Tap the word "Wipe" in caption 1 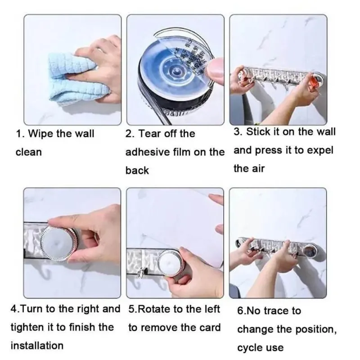click(40, 134)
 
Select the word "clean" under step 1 click(29, 152)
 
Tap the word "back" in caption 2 click(137, 171)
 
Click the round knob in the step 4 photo click(59, 243)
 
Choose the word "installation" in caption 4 click(37, 346)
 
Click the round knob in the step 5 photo click(171, 262)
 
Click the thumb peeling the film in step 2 click(215, 69)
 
